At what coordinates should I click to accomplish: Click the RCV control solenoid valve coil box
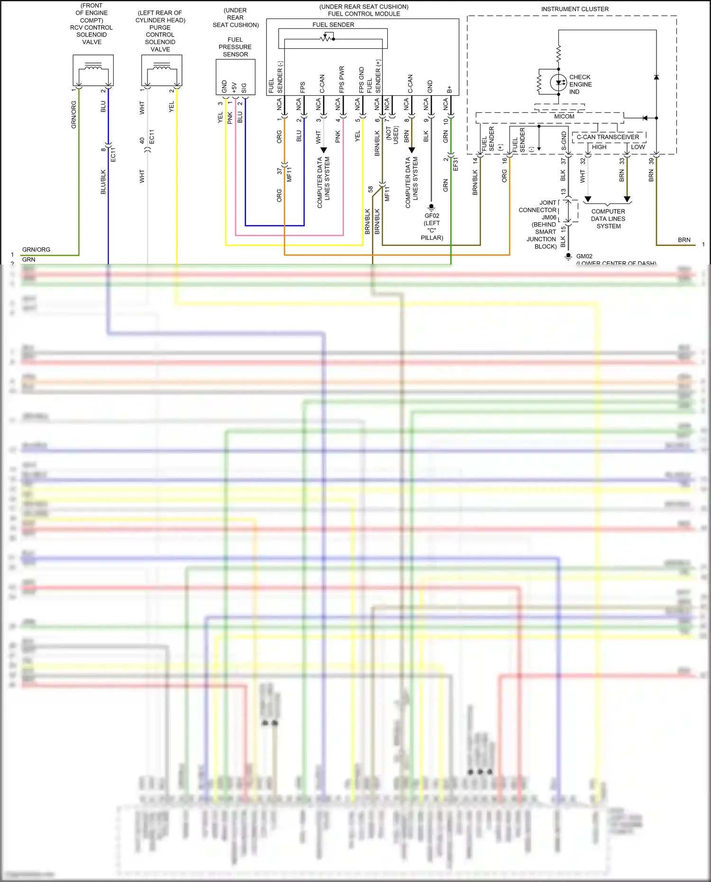tap(93, 70)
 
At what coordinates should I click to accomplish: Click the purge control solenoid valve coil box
tap(161, 70)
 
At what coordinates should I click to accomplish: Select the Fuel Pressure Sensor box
tap(235, 77)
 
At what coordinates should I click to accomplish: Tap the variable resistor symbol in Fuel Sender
tap(327, 38)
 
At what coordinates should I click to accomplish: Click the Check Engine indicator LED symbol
tap(558, 83)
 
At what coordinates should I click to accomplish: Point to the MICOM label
tap(564, 117)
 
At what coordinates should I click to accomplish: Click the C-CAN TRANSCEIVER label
tap(608, 137)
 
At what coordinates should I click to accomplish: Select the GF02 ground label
tap(432, 216)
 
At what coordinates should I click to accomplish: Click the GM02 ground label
tap(584, 256)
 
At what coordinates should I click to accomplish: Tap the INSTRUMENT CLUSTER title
tap(574, 9)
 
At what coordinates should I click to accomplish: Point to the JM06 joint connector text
tap(549, 218)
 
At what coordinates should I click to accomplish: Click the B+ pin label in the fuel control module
tap(449, 89)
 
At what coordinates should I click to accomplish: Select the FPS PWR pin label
tap(341, 79)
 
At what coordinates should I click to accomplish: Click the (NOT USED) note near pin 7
tap(392, 135)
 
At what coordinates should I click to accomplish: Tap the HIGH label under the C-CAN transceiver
tap(599, 147)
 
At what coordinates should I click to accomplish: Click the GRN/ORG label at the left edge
tap(36, 250)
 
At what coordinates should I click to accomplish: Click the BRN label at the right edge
tap(684, 240)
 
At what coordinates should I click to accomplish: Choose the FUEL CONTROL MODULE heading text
tap(364, 14)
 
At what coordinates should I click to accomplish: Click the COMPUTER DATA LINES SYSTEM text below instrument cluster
tap(608, 219)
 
